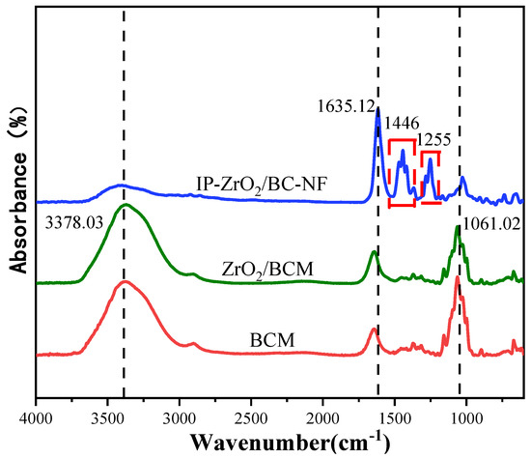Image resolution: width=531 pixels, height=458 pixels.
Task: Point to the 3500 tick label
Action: (107, 416)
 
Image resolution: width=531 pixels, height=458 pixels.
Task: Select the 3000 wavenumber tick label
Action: (180, 416)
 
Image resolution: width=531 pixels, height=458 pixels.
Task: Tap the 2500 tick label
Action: (251, 416)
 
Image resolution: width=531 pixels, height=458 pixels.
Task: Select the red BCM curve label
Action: (272, 338)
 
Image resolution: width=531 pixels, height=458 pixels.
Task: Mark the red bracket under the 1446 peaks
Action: (402, 204)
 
